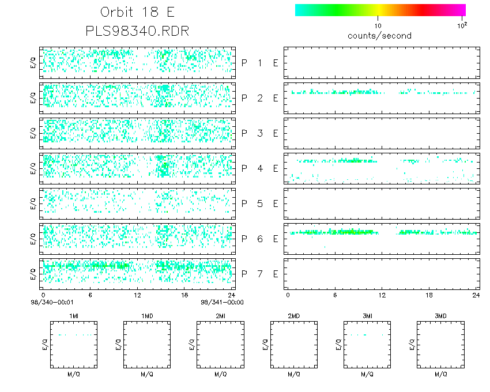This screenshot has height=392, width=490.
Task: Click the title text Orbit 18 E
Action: pos(137,12)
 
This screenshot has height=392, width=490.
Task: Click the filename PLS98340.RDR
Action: pos(137,31)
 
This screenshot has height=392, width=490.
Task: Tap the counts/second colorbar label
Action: pos(379,36)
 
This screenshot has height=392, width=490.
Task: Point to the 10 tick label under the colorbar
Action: pos(378,26)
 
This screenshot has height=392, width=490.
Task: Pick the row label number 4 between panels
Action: pos(259,168)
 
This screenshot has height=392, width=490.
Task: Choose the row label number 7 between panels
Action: pos(259,273)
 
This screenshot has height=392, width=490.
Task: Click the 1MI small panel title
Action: pos(74,315)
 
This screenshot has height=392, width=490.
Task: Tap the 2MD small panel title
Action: pos(293,315)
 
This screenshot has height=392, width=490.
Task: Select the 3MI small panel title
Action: pos(367,315)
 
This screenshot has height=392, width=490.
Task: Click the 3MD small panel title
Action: pos(440,315)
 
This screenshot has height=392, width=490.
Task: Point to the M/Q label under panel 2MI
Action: pos(220,374)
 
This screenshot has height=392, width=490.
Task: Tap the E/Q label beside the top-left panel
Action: pos(33,63)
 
